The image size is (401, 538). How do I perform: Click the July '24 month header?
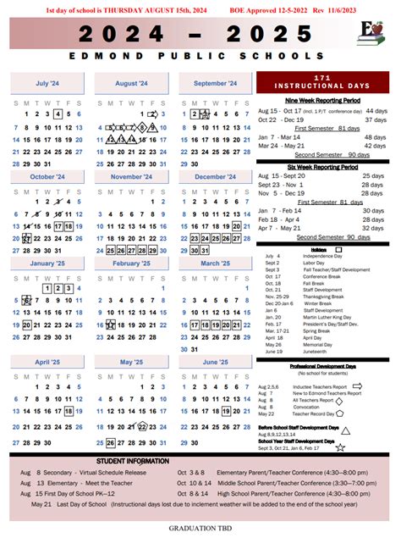(47, 83)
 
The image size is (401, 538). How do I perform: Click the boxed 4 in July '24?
(57, 114)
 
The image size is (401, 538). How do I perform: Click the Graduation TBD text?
(201, 530)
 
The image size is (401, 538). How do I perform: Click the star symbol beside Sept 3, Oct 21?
(341, 446)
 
